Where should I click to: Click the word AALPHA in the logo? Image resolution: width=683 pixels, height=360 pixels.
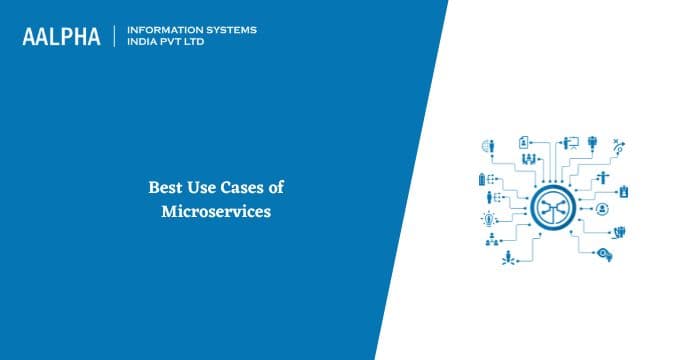[62, 37]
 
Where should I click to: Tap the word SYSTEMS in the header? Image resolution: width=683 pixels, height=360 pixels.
[228, 30]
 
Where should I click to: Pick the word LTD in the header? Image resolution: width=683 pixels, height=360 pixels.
[198, 43]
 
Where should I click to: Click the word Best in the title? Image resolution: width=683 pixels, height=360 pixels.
[166, 186]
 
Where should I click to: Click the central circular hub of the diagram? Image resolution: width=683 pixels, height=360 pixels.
[553, 206]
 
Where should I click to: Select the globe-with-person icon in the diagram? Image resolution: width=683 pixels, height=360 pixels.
[488, 147]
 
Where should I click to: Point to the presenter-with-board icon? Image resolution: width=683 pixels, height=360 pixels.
[571, 140]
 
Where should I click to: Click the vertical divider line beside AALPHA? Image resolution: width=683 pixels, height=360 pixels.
[117, 36]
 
